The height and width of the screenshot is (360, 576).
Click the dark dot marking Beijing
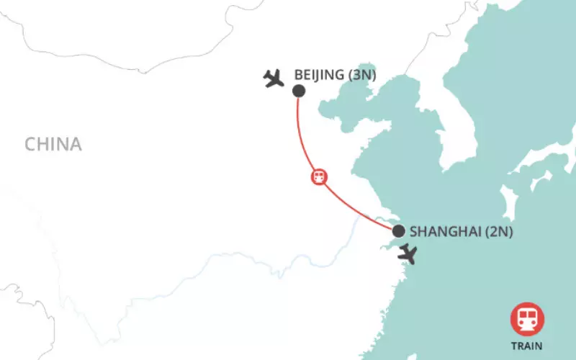point(298,91)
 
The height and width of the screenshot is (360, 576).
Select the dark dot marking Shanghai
point(397,231)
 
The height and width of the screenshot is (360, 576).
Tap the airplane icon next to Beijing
point(273,78)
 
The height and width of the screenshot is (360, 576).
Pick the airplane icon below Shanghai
point(408,253)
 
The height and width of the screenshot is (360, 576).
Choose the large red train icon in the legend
point(527,319)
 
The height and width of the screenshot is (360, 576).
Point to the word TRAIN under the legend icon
point(527,346)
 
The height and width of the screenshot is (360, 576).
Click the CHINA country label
point(53,144)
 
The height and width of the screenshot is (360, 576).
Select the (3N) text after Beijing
point(364,74)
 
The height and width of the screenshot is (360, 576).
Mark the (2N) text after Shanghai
point(498,232)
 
